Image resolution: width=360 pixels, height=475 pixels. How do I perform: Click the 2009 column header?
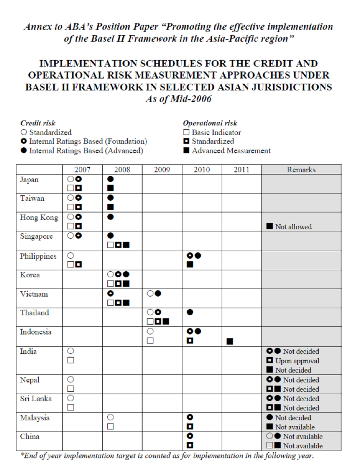[x=162, y=170]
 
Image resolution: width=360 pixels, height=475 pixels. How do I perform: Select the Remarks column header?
[x=301, y=170]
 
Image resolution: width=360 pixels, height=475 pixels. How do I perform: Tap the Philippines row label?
[x=38, y=256]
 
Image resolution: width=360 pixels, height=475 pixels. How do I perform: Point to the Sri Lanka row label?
[x=36, y=399]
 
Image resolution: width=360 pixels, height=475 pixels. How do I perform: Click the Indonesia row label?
[x=36, y=332]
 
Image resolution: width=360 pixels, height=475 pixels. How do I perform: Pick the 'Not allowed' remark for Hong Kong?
[x=293, y=227]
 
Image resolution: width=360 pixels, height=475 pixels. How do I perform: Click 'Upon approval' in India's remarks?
[x=297, y=361]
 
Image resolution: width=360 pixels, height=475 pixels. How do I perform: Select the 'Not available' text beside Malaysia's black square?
[x=295, y=427]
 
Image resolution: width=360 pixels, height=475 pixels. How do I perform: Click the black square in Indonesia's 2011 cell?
[x=230, y=341]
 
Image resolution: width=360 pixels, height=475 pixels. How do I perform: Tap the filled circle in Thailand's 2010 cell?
[x=190, y=312]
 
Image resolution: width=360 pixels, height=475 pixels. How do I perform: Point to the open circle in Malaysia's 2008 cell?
[x=111, y=417]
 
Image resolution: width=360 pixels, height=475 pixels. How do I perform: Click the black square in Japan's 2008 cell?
[x=111, y=188]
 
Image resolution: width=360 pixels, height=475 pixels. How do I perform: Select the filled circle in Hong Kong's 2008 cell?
[x=111, y=217]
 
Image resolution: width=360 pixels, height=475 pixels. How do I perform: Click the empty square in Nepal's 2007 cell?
[x=71, y=389]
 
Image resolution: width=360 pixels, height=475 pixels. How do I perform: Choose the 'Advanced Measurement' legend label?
[x=231, y=151]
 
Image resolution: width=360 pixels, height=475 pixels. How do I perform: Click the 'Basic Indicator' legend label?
[x=216, y=133]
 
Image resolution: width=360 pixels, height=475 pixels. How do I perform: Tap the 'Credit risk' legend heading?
[x=38, y=123]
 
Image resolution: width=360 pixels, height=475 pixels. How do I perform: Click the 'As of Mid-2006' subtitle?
[x=179, y=99]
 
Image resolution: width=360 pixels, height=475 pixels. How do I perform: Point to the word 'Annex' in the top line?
[x=38, y=27]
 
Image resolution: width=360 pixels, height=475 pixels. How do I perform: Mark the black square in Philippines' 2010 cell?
[x=190, y=265]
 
